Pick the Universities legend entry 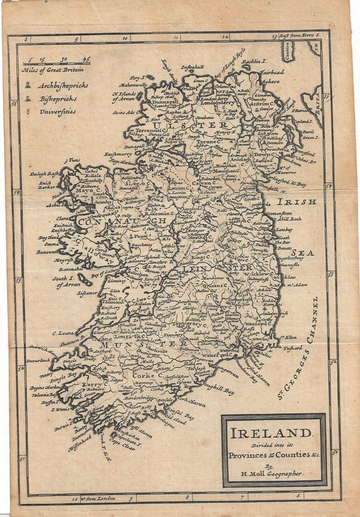click(x=56, y=111)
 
